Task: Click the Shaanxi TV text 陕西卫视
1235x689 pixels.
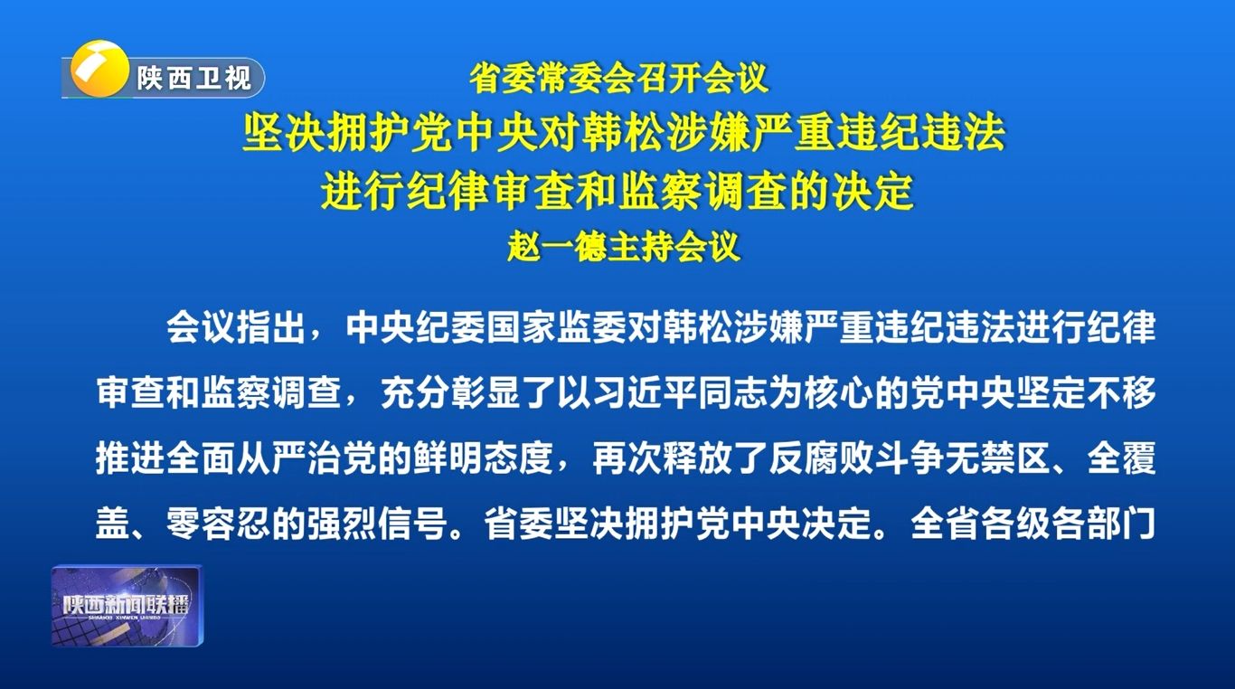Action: [193, 78]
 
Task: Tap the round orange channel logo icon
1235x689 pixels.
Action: [99, 69]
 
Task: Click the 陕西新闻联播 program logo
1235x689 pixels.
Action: [127, 606]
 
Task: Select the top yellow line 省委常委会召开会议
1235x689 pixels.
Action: [618, 79]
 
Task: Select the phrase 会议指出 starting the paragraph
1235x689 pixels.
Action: [236, 327]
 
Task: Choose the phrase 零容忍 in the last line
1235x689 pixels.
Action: [219, 524]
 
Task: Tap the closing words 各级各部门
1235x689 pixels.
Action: [1068, 524]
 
